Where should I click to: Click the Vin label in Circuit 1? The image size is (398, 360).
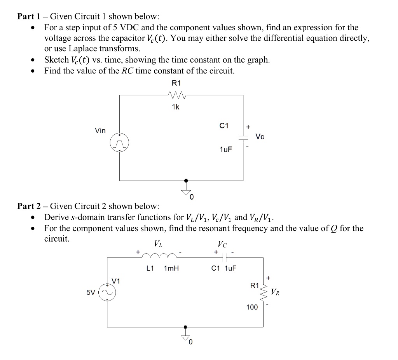(x=100, y=130)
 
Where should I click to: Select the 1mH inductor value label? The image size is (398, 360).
(x=171, y=268)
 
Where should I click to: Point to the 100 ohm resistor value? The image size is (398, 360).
(x=252, y=307)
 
